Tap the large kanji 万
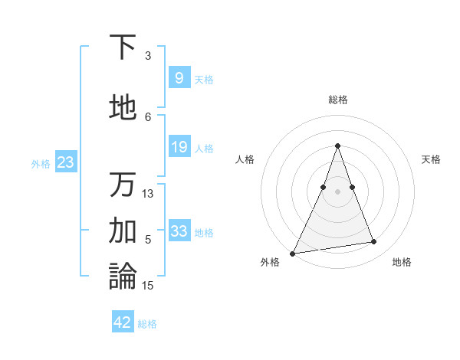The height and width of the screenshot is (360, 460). click(123, 185)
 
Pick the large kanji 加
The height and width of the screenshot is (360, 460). click(123, 230)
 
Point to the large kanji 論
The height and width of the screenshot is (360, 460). click(123, 276)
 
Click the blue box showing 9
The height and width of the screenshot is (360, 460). click(179, 78)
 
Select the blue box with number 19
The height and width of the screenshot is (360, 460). click(179, 147)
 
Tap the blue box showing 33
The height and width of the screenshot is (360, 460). click(179, 231)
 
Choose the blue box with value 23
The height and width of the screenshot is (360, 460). click(65, 162)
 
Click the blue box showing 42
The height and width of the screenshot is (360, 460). click(123, 322)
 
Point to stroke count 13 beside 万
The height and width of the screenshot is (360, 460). click(148, 193)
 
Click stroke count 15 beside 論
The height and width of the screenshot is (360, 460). click(148, 285)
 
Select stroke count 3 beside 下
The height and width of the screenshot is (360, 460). click(148, 55)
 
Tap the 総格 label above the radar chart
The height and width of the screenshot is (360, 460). click(337, 100)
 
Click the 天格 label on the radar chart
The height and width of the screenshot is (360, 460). click(431, 159)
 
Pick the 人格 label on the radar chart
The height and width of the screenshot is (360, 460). click(245, 159)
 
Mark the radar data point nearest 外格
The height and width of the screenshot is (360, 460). click(293, 253)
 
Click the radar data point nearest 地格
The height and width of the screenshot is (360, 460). click(374, 242)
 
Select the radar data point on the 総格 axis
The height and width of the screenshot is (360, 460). click(337, 146)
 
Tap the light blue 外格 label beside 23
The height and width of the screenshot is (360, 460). click(41, 163)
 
